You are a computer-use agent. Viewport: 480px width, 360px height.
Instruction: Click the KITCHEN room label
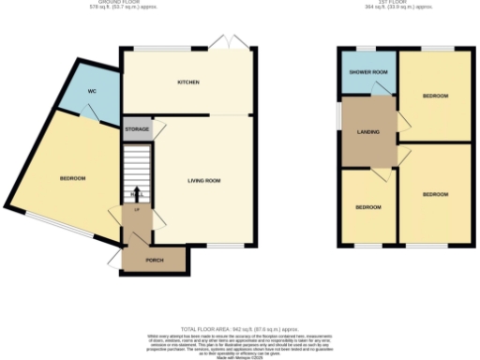[188, 82]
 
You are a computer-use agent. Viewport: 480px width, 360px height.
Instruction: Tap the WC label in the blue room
[93, 91]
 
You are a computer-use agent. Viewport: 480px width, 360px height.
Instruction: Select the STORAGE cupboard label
[136, 129]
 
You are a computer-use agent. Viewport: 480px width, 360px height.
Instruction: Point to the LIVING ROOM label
[202, 179]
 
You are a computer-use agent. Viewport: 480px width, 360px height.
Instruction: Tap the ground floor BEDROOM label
[73, 178]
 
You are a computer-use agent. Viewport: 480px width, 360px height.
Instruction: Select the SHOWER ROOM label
[367, 72]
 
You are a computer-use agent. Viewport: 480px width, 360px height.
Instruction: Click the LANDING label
[367, 131]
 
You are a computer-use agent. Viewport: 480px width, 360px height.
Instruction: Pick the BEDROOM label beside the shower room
[435, 97]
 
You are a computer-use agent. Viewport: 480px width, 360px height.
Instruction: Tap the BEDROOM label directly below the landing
[367, 206]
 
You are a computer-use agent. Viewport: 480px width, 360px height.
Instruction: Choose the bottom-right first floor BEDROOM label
[435, 194]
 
